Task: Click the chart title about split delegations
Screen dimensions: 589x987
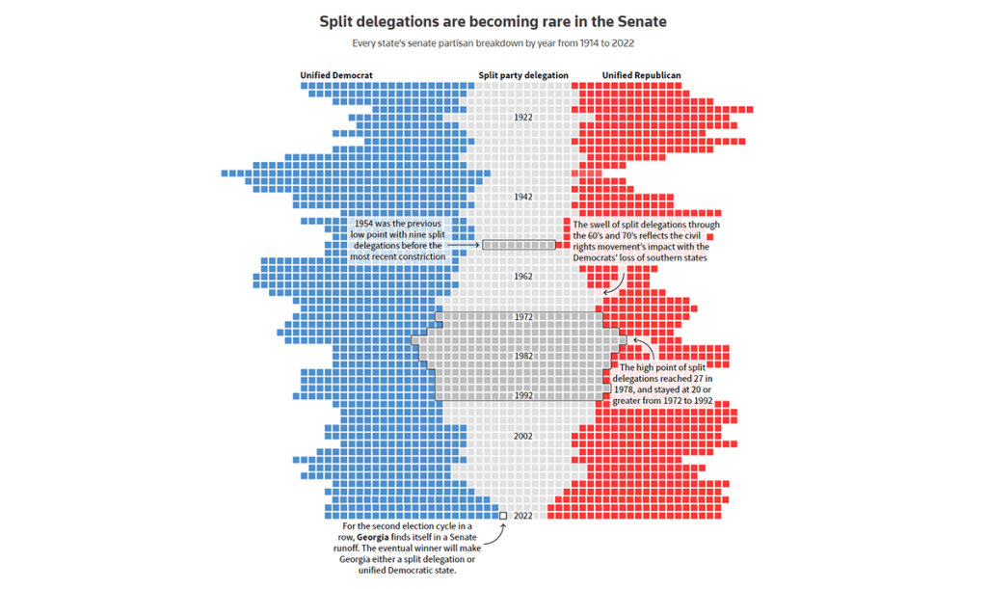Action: click(x=493, y=20)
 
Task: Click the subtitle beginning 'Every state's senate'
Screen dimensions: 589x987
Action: click(x=493, y=43)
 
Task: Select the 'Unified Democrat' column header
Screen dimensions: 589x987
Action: click(x=336, y=75)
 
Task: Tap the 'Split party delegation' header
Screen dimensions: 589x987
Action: click(x=523, y=75)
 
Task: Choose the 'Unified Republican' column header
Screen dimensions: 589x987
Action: click(x=642, y=75)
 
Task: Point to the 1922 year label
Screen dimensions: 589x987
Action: click(x=523, y=117)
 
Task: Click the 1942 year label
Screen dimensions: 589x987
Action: click(x=523, y=197)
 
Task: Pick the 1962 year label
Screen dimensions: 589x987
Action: click(x=523, y=277)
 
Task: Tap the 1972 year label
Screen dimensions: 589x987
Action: click(x=523, y=316)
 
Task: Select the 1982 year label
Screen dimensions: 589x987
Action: click(x=523, y=356)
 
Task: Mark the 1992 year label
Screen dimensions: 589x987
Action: click(x=523, y=395)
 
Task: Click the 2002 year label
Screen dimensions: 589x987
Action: click(x=523, y=436)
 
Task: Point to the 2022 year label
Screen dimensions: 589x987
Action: click(x=523, y=516)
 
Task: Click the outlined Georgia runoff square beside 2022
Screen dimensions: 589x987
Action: click(x=503, y=516)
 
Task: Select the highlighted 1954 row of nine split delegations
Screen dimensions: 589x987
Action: click(x=520, y=245)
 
